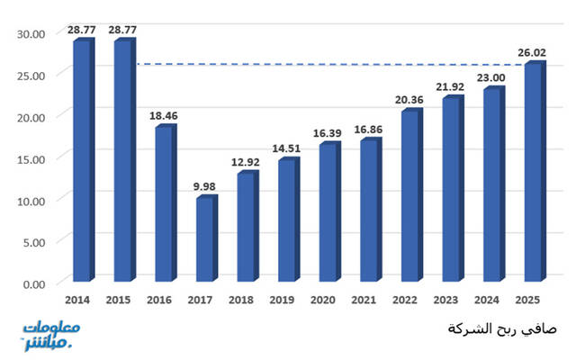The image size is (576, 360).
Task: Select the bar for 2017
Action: pos(205,239)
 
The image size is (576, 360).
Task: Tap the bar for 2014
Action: pos(82,161)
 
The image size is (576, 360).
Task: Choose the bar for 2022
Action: pos(409,196)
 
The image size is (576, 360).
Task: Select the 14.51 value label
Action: pos(289,148)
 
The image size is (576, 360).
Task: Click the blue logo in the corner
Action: pos(51,334)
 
